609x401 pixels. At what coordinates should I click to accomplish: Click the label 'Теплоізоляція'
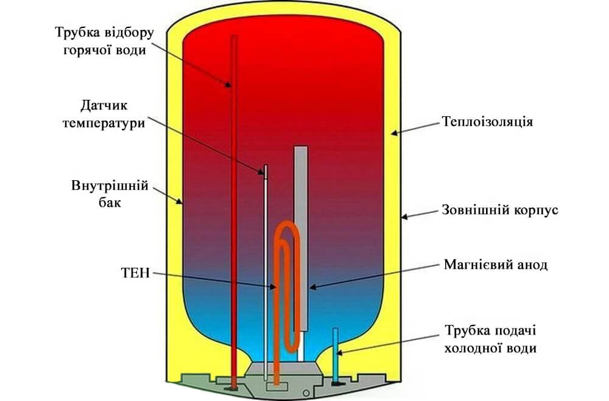[x=488, y=122]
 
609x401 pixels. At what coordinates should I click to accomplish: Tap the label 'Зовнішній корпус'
[x=499, y=211]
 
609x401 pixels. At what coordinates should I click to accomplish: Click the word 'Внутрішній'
[x=100, y=186]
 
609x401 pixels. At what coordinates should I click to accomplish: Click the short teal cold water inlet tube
[x=334, y=347]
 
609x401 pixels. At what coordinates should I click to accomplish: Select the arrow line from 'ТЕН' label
[x=213, y=281]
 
